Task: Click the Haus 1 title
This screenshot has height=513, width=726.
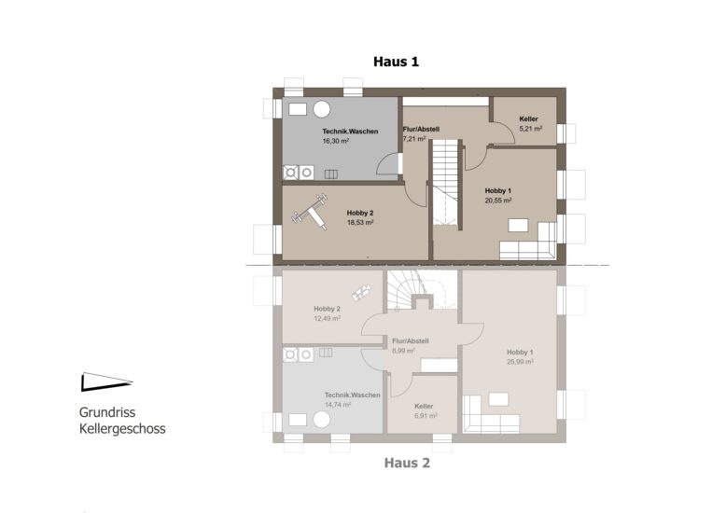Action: coord(396,62)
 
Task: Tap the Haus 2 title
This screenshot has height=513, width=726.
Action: coord(407,463)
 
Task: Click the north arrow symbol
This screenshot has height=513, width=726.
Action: coord(107,381)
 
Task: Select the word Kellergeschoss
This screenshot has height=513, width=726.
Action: coord(122,429)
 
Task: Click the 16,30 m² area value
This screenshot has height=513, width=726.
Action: coord(336,141)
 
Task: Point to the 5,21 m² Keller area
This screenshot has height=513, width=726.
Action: coord(531,129)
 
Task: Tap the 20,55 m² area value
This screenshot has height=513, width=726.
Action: coord(498,201)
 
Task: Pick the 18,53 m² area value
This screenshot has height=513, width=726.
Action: coord(360,222)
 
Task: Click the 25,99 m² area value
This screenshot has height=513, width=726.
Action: coord(520,362)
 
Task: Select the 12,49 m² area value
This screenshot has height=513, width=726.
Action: coord(328,319)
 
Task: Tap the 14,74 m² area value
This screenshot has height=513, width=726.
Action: coord(338,404)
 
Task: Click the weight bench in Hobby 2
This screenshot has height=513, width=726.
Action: coord(310,212)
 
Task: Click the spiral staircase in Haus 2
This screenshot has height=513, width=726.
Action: coord(422,290)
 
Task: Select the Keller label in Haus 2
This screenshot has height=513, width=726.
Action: coord(424,406)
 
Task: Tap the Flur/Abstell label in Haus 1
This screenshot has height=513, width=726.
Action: coord(421,129)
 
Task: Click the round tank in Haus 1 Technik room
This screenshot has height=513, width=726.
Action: coord(321,110)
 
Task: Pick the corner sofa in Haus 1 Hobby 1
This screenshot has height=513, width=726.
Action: coord(529,242)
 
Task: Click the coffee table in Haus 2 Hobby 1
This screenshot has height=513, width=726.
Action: coord(498,399)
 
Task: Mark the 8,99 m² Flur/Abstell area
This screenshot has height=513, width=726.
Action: coord(403,351)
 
